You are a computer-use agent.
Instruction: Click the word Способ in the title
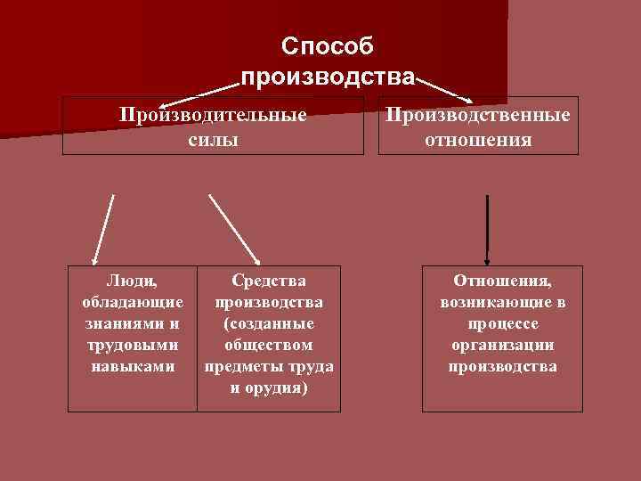tap(327, 45)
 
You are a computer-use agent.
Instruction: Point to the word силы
tap(214, 140)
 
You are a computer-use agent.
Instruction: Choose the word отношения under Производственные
tap(478, 140)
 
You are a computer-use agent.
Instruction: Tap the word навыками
tap(133, 366)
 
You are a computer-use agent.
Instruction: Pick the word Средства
tap(269, 281)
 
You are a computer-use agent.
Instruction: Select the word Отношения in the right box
tap(502, 281)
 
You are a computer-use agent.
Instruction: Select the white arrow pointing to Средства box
tap(234, 229)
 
